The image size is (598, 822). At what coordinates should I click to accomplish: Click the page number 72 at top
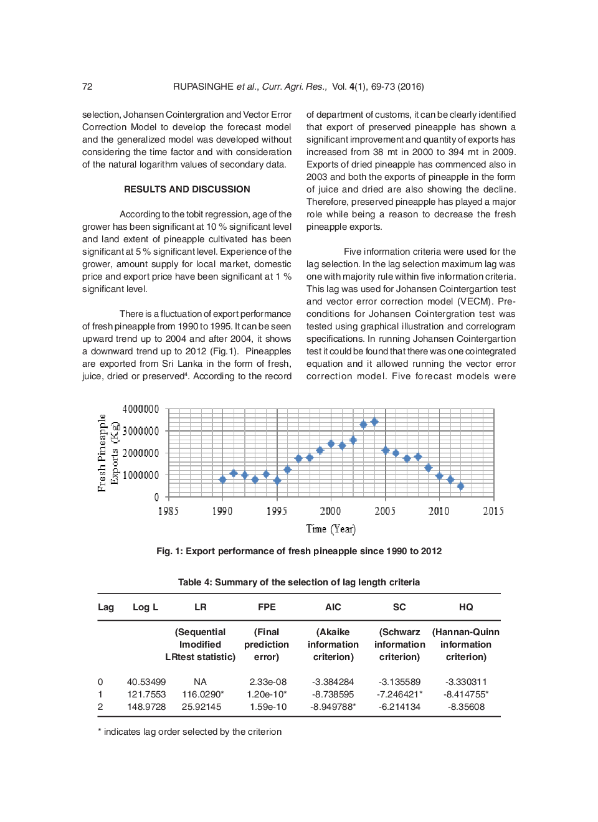[87, 87]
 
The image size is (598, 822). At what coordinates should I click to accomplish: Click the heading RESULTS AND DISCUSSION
[187, 189]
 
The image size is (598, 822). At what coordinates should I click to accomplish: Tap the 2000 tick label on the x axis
[330, 511]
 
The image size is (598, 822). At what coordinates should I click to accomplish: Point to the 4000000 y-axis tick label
[141, 409]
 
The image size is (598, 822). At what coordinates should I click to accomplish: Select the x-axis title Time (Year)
[331, 529]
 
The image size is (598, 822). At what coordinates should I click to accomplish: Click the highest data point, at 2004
[374, 422]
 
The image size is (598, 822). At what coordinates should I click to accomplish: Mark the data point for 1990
[222, 479]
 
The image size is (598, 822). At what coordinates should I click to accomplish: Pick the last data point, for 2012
[461, 486]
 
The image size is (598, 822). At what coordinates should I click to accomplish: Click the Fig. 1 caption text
[299, 551]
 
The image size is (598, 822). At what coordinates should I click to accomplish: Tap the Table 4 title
[299, 582]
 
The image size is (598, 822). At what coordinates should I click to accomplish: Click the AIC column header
[333, 607]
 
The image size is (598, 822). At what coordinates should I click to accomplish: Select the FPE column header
[267, 607]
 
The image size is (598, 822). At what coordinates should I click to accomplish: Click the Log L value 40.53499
[146, 682]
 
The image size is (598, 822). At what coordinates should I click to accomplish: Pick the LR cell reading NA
[200, 682]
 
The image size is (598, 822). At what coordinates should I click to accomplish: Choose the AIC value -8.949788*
[333, 707]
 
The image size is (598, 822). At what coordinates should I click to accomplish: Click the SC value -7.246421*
[399, 694]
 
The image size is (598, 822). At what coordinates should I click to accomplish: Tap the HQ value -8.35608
[466, 707]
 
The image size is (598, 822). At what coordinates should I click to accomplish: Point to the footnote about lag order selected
[190, 732]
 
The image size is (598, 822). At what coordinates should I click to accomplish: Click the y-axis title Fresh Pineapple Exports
[108, 453]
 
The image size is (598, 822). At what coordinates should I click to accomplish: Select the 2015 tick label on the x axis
[493, 511]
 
